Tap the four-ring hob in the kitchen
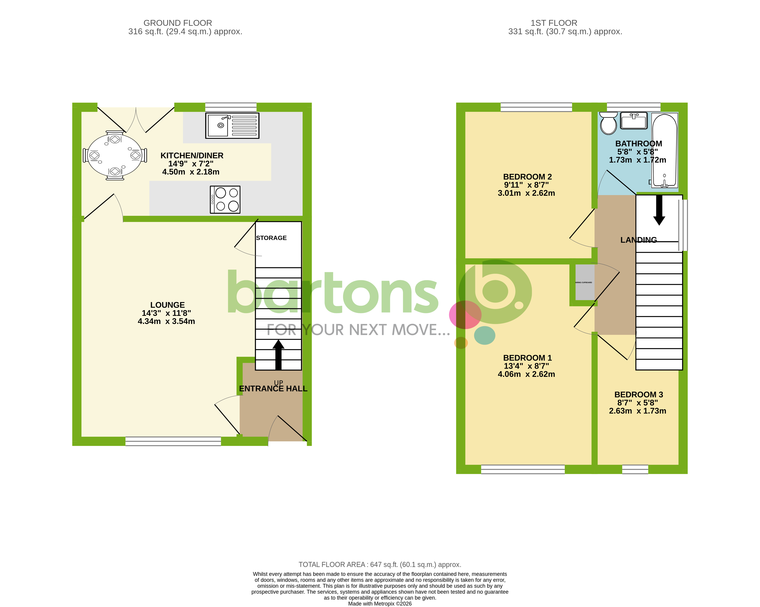click(225, 199)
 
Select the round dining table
click(115, 155)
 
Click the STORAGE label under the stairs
click(271, 238)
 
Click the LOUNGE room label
click(167, 305)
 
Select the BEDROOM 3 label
click(638, 395)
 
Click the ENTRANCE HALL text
click(273, 388)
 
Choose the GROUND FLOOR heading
click(178, 23)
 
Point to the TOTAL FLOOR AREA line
click(380, 564)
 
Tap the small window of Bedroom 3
click(635, 469)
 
